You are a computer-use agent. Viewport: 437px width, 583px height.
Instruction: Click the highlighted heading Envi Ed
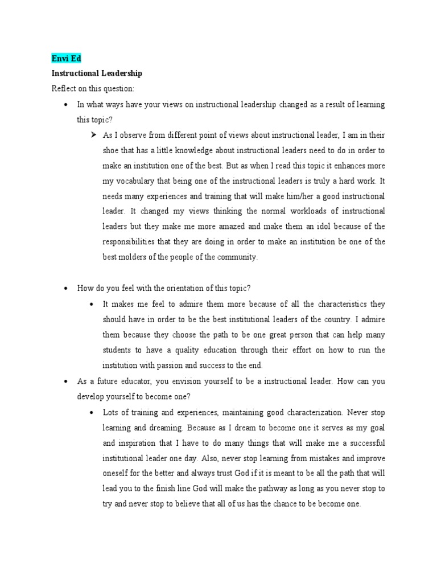[x=67, y=58]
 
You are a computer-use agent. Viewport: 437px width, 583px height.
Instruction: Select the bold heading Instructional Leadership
[x=97, y=73]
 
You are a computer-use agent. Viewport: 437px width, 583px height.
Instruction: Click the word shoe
[x=112, y=150]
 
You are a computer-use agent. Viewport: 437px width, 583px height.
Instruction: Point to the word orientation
[x=162, y=288]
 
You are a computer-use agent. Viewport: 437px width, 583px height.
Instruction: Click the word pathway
[x=285, y=488]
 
